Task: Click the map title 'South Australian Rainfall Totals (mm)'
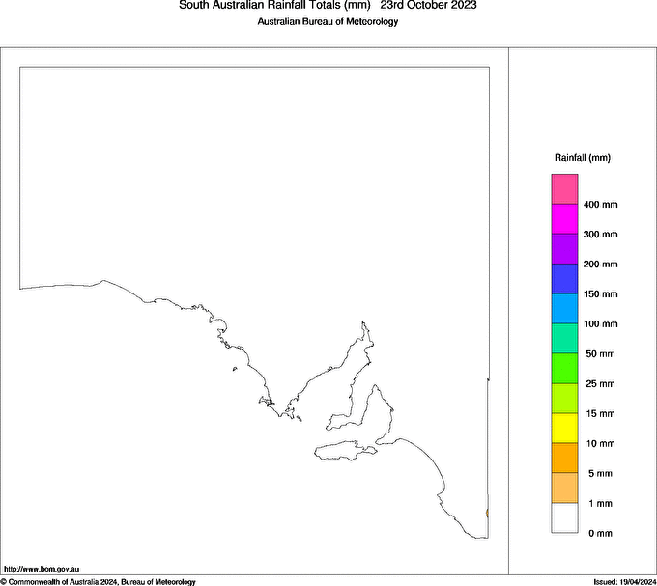[x=274, y=6]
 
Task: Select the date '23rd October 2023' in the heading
[x=428, y=6]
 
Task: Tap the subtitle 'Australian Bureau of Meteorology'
[x=328, y=21]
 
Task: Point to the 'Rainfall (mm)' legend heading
[x=583, y=157]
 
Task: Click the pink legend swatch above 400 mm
[x=564, y=188]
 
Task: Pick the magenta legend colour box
[x=564, y=218]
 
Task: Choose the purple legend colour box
[x=564, y=248]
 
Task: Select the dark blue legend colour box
[x=564, y=278]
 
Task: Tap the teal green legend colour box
[x=564, y=338]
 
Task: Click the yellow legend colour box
[x=564, y=428]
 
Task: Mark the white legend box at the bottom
[x=564, y=518]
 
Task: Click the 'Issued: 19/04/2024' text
[x=624, y=581]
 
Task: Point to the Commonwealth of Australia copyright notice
[x=98, y=581]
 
